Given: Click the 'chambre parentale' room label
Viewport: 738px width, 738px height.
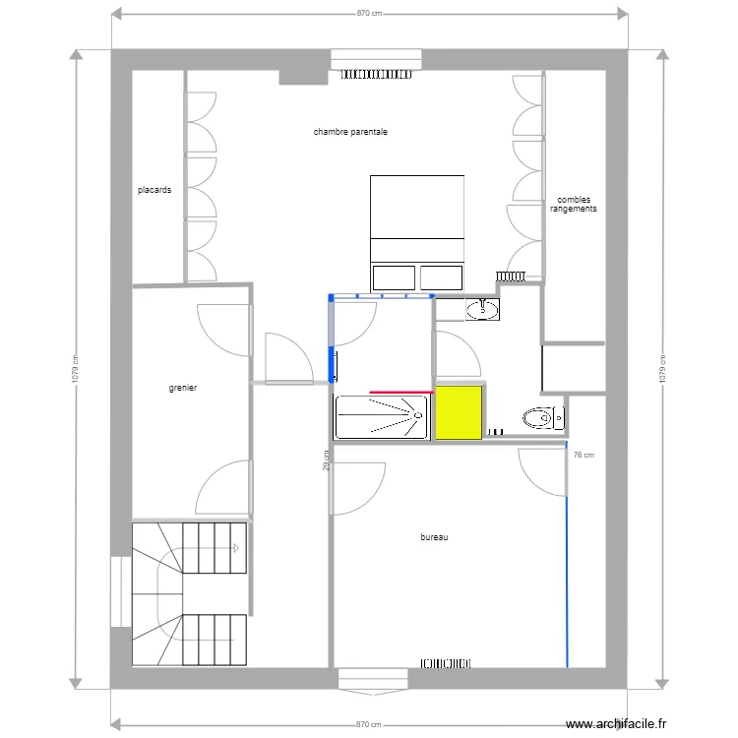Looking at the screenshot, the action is tap(350, 132).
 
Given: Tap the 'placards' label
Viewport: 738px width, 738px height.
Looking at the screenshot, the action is tap(154, 190).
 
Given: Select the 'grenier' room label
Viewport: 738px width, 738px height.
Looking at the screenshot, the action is tap(183, 388).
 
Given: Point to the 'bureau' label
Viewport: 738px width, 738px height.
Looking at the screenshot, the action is tap(434, 537).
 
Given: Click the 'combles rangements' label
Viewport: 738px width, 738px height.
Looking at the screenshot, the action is tap(574, 205).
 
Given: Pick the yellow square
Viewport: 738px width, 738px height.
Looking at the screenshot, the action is tap(459, 413).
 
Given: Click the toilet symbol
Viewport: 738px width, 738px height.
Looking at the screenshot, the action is tap(543, 417).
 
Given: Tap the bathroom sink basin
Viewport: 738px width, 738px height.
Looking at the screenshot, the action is tap(482, 309).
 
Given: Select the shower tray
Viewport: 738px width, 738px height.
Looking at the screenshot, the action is tap(380, 417).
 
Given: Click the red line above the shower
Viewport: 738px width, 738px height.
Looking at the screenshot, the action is tap(401, 392).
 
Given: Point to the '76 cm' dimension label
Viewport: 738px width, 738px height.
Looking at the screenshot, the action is tap(584, 456).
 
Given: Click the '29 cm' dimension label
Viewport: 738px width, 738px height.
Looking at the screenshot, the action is tap(326, 461).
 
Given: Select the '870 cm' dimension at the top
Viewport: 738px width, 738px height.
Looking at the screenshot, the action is tap(369, 13).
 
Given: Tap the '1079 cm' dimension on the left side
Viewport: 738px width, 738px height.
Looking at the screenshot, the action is tap(76, 369).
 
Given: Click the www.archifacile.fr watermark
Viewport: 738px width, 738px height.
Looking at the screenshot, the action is tap(616, 723).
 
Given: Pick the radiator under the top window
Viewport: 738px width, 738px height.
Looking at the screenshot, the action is tap(376, 75).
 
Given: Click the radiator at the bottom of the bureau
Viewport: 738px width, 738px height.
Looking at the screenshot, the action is tap(445, 663).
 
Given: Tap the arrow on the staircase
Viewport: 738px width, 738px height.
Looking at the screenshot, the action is tap(235, 548).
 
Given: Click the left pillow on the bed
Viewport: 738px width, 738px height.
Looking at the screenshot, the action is tap(394, 277).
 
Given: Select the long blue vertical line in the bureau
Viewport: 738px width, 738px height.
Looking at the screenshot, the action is tap(567, 554).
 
